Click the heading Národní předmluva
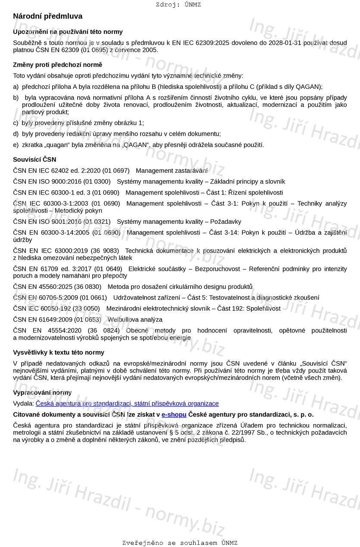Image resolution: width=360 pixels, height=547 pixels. (47, 16)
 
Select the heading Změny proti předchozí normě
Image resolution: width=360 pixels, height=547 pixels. (57, 65)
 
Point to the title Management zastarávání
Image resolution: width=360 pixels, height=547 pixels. (172, 171)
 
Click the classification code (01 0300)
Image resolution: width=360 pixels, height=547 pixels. (97, 181)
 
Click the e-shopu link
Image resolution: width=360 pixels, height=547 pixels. (174, 415)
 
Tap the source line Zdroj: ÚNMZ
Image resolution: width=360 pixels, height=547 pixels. (178, 5)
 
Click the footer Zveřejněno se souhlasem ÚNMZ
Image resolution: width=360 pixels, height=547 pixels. (180, 543)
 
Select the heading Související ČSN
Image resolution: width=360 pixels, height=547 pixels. (34, 159)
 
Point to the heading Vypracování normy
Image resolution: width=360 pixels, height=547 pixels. (42, 392)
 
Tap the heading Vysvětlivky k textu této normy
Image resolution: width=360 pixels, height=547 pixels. (58, 353)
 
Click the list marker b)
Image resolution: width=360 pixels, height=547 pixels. (16, 97)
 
